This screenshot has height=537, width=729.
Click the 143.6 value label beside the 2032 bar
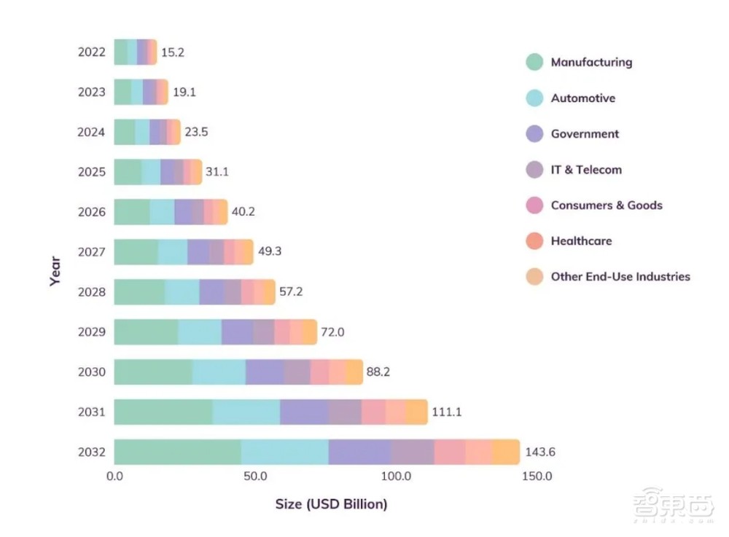coord(540,452)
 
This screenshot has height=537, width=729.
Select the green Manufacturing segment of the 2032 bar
coord(177,452)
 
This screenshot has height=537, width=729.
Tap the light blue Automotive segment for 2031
coord(246,412)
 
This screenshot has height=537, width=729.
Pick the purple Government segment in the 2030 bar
coord(265,372)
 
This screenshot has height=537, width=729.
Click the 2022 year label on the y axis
coord(92,52)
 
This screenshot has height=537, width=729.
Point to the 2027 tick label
coord(92,252)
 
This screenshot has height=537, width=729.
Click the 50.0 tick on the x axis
coord(255,477)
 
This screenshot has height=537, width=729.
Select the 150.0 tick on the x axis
coord(537,477)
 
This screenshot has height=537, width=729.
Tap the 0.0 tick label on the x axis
coord(114,477)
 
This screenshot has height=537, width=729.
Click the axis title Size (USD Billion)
coord(331,504)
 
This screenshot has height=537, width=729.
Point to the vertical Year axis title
coord(55,272)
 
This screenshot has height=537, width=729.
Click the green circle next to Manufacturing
coord(534,63)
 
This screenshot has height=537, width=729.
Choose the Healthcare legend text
coord(581,241)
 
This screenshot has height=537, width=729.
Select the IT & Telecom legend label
coord(586,170)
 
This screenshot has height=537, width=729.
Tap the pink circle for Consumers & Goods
coord(534,205)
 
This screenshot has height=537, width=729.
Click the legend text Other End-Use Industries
coord(620,277)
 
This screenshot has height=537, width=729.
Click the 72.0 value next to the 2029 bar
coord(332,332)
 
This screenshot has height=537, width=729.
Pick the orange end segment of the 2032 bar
coord(506,452)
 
